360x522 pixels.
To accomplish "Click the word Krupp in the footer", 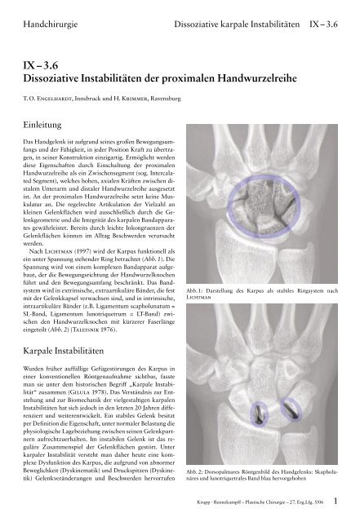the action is pos(208,513).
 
